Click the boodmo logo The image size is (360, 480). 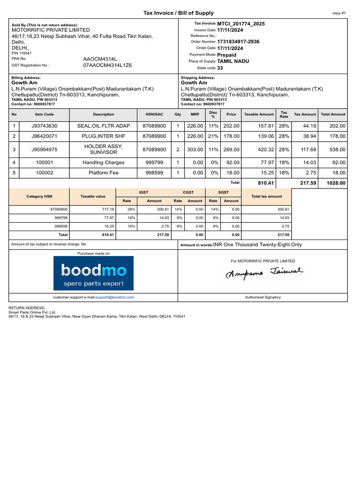pos(93,273)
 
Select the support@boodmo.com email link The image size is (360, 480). pos(114,297)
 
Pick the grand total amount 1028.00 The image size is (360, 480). pos(336,183)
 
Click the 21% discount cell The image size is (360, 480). pos(213,136)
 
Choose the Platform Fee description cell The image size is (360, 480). pos(103,172)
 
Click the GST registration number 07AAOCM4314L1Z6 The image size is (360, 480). pos(107,65)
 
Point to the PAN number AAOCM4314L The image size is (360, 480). pos(100,59)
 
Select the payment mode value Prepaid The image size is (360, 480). pos(227,55)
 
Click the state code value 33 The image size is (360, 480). pos(220,68)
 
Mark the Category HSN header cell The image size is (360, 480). pos(39,196)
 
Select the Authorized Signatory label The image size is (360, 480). pos(262,297)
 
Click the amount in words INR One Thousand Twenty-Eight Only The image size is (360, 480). pos(258,244)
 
